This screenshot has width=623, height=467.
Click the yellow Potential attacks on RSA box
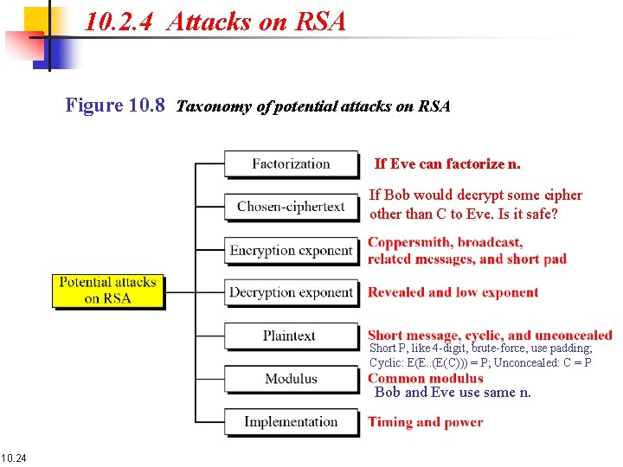(x=107, y=291)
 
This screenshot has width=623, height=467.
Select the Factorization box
(x=291, y=163)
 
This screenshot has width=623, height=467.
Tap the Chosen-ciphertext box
(x=291, y=207)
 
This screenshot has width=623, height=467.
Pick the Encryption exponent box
(x=291, y=251)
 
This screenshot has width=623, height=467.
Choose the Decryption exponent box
(x=291, y=292)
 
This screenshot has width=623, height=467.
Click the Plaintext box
(x=291, y=336)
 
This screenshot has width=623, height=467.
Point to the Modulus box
(x=291, y=379)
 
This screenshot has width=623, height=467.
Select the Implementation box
(x=291, y=422)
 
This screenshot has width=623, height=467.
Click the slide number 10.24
(x=14, y=457)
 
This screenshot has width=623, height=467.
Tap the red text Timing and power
(x=425, y=422)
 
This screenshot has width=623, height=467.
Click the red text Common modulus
(x=425, y=378)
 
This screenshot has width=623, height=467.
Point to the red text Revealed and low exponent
(x=453, y=292)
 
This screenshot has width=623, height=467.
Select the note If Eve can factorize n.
(x=446, y=163)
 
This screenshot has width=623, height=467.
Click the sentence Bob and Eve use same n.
(x=453, y=393)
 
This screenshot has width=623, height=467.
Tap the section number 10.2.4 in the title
(x=120, y=22)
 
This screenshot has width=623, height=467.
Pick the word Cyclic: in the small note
(x=386, y=362)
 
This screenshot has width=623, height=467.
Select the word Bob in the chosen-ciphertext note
(x=397, y=195)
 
